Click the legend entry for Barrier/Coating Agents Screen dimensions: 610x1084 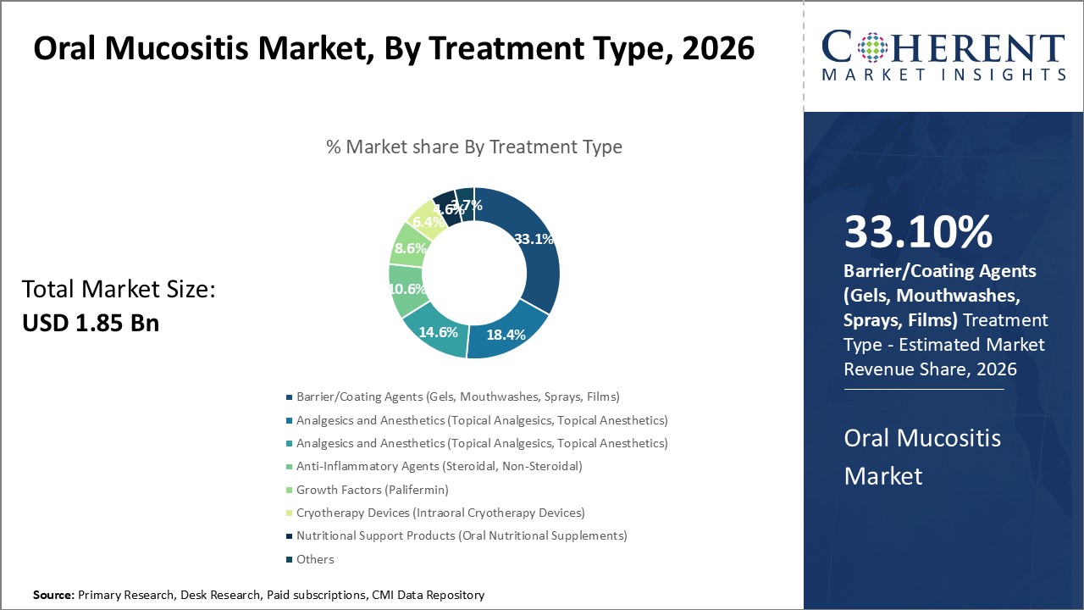(x=457, y=396)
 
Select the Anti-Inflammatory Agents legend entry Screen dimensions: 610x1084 (x=439, y=466)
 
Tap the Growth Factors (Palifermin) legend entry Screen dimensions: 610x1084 (x=372, y=490)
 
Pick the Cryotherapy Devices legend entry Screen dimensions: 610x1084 (x=440, y=513)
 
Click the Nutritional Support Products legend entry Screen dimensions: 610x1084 (x=462, y=535)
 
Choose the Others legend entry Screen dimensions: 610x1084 (x=314, y=559)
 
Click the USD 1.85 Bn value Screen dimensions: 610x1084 (x=91, y=323)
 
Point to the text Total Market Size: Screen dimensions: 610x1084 (x=119, y=290)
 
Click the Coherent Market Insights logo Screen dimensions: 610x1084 (x=943, y=56)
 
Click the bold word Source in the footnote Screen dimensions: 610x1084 (x=53, y=596)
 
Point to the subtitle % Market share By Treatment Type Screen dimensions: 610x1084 (x=474, y=147)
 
